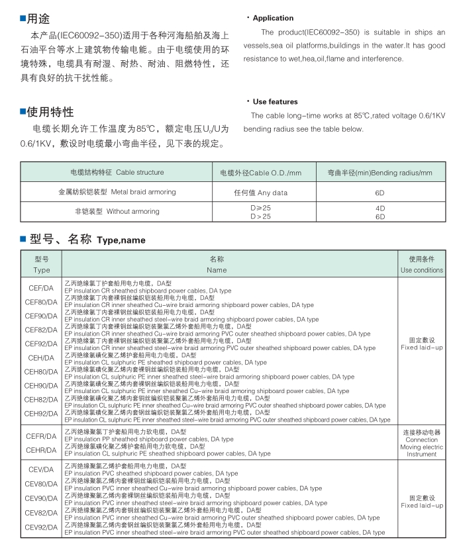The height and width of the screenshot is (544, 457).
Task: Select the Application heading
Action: (273, 18)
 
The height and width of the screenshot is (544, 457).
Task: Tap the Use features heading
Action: (275, 101)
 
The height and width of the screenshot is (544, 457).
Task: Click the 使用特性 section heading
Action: (50, 111)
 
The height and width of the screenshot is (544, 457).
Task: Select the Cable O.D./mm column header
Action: (260, 172)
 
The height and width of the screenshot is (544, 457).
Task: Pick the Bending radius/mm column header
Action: (380, 172)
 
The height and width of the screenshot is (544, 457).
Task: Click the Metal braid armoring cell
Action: (117, 192)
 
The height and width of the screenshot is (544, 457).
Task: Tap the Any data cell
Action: (260, 193)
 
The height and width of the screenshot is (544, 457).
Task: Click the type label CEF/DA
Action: (41, 288)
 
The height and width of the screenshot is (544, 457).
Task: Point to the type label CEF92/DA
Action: (41, 343)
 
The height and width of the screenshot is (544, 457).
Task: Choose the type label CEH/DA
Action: (41, 357)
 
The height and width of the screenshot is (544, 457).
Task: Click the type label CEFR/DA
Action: (41, 436)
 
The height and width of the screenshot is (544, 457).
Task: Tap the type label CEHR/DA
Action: (41, 450)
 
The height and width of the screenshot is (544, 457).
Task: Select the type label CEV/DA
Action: (41, 469)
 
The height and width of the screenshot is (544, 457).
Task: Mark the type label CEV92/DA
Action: (41, 527)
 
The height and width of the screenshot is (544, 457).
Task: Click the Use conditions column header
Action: (422, 265)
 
